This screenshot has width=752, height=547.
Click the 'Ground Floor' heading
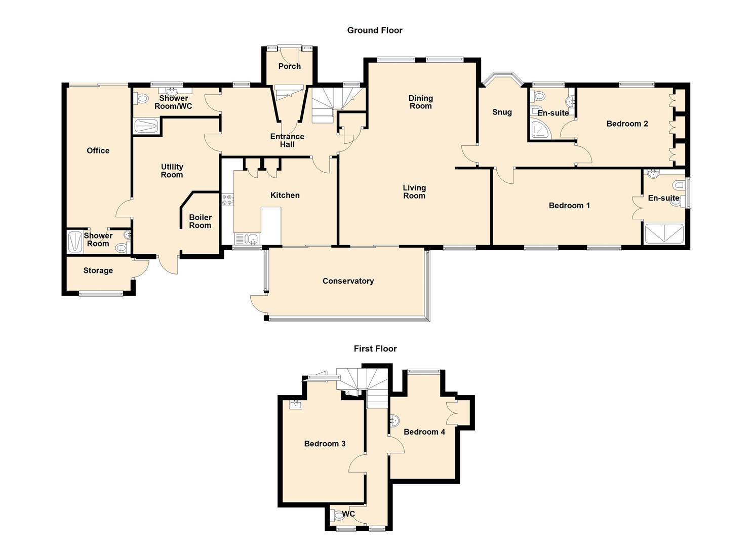[375, 30]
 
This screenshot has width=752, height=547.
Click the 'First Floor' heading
[375, 348]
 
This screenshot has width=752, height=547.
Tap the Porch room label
[290, 66]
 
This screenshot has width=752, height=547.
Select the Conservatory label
[348, 281]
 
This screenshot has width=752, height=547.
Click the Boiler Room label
[200, 221]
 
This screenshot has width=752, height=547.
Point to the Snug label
[502, 112]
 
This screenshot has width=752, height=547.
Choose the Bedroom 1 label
[569, 206]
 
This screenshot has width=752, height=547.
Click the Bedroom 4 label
[424, 432]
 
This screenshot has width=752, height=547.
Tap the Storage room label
[98, 270]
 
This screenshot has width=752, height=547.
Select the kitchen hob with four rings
[228, 200]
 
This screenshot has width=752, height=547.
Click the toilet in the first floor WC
[338, 516]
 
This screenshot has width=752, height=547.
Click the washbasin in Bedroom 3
[296, 404]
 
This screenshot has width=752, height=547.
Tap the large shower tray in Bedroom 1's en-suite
[663, 234]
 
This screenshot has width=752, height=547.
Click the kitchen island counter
[271, 225]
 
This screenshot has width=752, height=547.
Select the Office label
[98, 150]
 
